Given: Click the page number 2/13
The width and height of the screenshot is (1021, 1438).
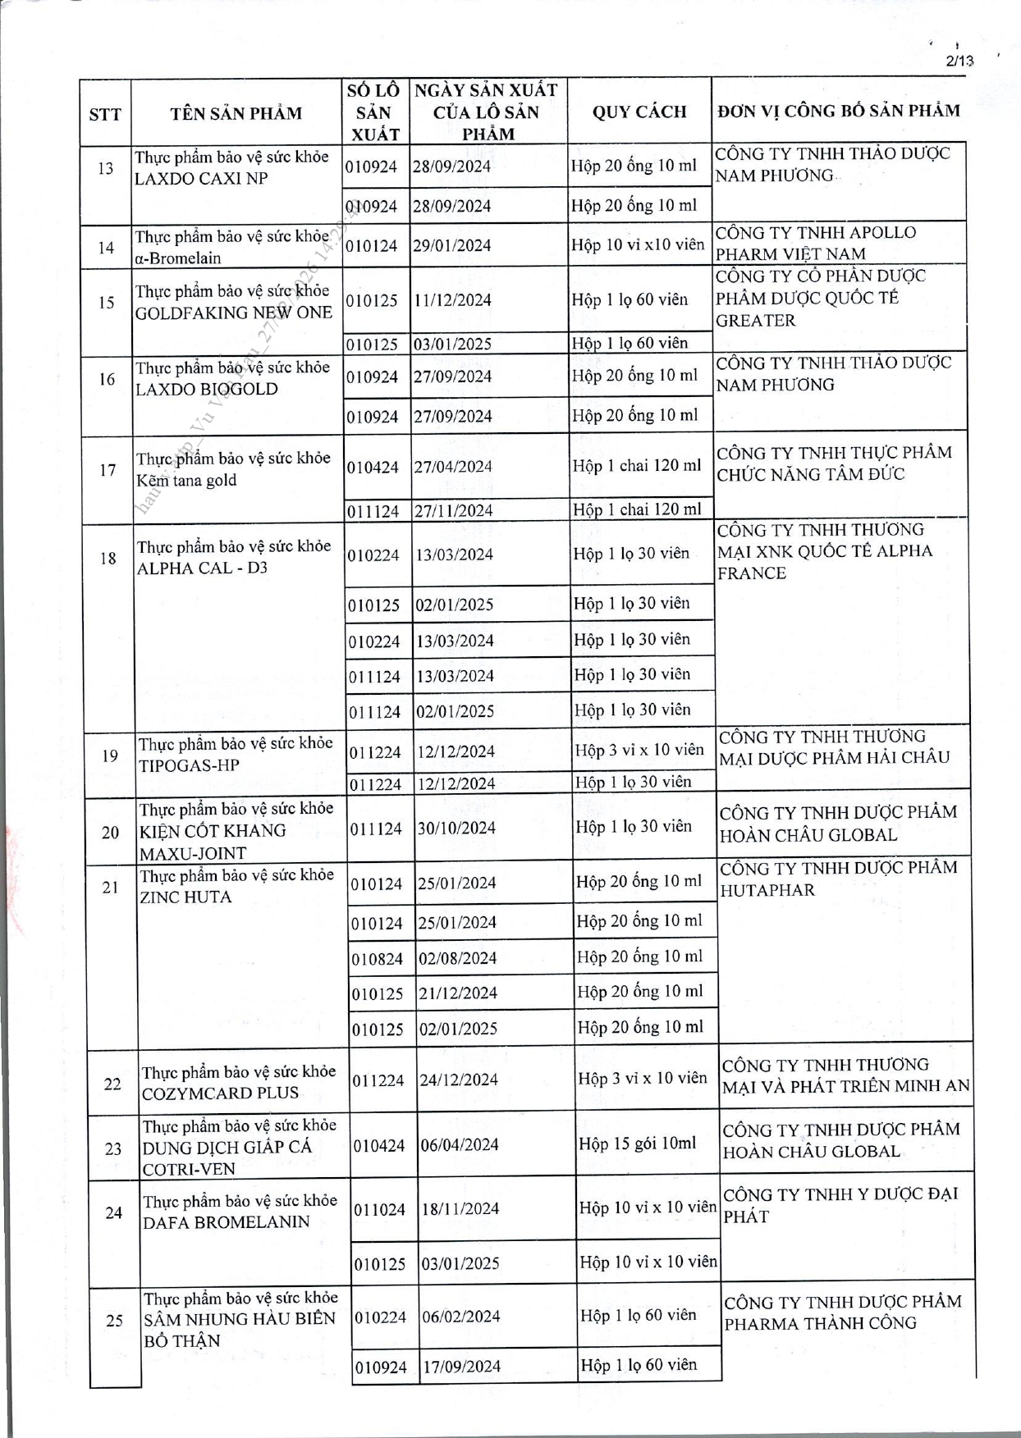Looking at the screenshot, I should [959, 61].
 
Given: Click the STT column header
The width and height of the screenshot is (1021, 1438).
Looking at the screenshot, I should [105, 114].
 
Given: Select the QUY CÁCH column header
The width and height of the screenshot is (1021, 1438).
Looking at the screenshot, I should [639, 112].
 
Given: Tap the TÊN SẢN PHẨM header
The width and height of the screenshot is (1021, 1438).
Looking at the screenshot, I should [236, 113].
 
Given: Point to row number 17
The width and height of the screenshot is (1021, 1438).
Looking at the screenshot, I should [108, 470].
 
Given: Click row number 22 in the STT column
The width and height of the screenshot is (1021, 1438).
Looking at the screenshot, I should [112, 1084].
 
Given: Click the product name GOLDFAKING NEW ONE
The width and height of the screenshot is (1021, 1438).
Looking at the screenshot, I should [233, 313].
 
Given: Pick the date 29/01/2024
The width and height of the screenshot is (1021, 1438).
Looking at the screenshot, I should [452, 245].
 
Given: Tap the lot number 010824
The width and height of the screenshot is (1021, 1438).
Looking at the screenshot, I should [378, 958].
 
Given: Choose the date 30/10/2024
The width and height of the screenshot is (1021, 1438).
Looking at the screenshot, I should [456, 829].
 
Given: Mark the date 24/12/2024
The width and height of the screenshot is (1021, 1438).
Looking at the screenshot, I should [459, 1080].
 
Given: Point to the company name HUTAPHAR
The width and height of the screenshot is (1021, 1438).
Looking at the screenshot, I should [767, 890].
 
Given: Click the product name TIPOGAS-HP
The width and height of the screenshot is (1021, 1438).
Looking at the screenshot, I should [189, 765].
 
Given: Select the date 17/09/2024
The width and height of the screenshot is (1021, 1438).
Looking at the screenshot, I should [461, 1367].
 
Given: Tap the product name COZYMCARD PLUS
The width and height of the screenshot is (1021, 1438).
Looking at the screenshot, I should [220, 1093].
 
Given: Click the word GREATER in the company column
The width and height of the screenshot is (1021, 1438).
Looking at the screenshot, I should [755, 321].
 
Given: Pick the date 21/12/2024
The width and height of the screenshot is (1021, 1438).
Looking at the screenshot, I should [458, 993].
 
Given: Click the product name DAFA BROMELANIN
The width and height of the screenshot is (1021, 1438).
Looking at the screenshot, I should [227, 1222].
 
